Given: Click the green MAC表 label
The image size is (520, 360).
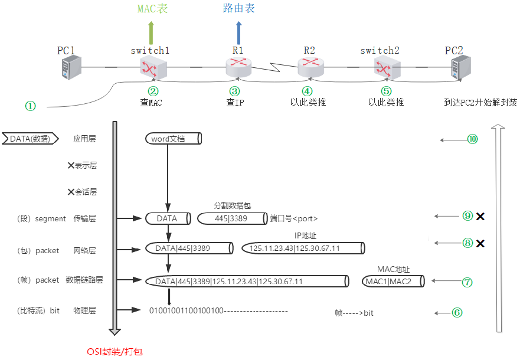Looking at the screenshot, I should tap(151, 8).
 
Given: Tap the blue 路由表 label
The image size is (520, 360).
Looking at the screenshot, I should tap(239, 8).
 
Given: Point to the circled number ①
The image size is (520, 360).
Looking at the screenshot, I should tap(30, 106).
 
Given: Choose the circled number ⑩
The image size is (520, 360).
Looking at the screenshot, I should tap(472, 139).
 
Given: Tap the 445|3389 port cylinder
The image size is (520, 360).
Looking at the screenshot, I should tap(231, 218).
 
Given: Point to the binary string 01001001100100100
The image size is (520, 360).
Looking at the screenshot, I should tap(186, 310).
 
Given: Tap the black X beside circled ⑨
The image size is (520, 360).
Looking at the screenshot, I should tap(480, 217).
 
